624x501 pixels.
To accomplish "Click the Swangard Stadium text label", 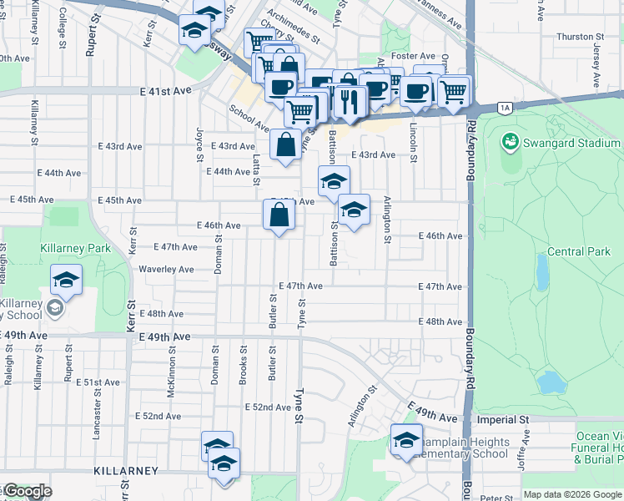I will point(571,143).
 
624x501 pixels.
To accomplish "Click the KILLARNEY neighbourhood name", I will point(124,471).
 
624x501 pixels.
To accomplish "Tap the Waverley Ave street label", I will point(166,270).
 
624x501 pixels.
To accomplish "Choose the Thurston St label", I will point(580,37).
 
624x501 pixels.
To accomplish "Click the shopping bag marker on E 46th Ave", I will point(279,216).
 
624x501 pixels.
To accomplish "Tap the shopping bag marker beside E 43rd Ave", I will point(286,144).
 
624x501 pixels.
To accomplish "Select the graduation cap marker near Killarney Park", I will point(65,280).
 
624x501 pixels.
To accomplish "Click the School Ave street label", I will point(249,119).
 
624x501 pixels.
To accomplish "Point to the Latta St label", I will point(257,164).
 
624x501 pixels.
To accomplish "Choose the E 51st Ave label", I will point(97,382).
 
